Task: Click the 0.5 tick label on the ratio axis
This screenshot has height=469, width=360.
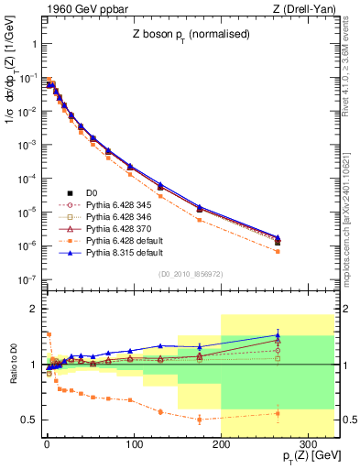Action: click(29, 420)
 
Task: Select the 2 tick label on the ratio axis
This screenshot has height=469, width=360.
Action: click(33, 310)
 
